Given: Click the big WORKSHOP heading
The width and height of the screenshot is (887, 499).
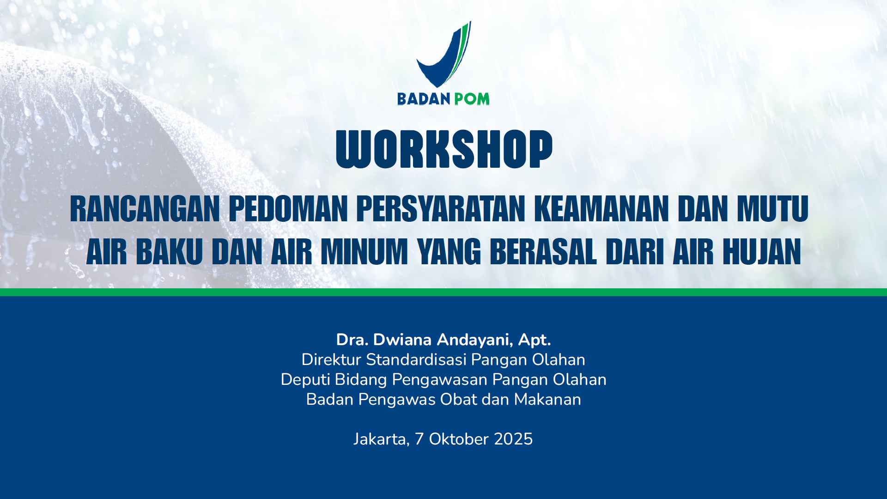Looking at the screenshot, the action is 444,149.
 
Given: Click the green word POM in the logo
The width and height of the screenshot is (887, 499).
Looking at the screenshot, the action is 472,99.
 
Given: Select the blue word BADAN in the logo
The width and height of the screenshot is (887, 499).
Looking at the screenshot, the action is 424,99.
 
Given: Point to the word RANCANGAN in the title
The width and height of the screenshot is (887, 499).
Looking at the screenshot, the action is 145,209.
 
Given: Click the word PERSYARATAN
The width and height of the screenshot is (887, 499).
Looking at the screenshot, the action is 441,209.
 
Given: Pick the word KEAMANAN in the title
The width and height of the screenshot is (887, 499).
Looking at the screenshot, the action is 601,209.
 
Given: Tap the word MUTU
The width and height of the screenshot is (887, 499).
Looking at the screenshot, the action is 772,209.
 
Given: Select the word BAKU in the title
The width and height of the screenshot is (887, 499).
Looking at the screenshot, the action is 169,252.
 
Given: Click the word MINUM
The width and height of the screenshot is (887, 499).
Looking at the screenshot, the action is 364,252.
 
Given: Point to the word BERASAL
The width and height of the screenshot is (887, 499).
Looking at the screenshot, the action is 543,252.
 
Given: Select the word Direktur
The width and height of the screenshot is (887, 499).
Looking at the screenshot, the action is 331,359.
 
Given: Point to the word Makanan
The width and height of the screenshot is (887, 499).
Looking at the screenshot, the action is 547,400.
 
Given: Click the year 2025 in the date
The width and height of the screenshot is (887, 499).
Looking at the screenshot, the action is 513,439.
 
